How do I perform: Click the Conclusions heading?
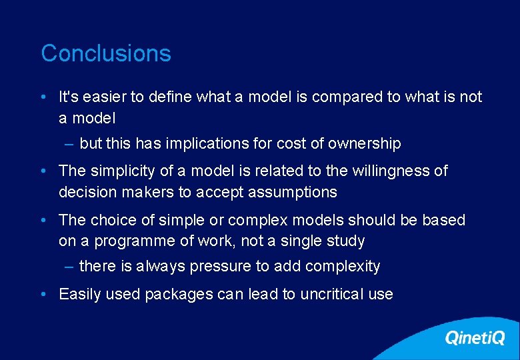point(106,53)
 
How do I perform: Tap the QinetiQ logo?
point(475,338)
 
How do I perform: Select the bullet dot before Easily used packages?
point(43,295)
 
